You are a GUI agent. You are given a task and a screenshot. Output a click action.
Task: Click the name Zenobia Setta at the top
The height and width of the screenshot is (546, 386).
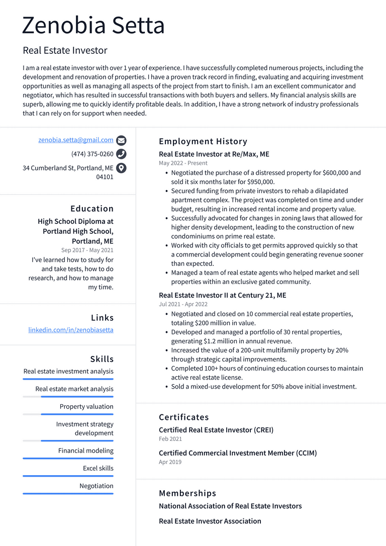point(93,25)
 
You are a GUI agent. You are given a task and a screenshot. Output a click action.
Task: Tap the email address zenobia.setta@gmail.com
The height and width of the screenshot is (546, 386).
point(76,140)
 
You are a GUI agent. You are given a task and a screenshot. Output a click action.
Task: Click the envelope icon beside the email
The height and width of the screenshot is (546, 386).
point(121,141)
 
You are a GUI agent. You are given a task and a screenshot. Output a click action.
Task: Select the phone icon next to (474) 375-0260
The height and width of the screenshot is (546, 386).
point(121,154)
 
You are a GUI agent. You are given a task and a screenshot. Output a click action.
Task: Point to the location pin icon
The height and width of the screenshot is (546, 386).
point(121,168)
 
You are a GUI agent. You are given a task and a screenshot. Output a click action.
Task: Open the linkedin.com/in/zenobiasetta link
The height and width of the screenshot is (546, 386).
point(71,330)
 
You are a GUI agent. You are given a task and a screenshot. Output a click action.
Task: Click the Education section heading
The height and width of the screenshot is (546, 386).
point(92,209)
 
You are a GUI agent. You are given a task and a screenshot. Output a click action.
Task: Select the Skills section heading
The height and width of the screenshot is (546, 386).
point(102,359)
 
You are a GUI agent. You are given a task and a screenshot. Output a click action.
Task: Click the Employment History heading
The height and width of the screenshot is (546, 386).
point(203,142)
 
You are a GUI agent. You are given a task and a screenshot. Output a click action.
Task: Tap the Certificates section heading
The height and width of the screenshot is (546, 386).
point(184,417)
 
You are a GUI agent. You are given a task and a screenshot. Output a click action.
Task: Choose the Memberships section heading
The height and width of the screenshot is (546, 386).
point(187,493)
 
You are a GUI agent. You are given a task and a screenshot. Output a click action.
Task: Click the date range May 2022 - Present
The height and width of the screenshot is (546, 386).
point(183,163)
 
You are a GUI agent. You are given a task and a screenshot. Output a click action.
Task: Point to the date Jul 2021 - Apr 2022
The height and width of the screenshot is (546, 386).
point(183,304)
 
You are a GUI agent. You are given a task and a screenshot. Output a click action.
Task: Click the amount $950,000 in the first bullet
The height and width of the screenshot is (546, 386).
point(255,182)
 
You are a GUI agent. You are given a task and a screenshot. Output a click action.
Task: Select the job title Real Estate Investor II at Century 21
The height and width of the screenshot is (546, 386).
point(223,296)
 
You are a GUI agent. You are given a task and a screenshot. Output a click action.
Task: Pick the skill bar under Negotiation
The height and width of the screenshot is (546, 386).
point(68,494)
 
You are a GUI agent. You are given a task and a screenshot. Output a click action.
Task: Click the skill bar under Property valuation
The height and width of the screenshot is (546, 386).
point(68,414)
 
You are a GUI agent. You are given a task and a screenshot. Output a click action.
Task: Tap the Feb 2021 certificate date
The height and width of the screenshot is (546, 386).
point(170,439)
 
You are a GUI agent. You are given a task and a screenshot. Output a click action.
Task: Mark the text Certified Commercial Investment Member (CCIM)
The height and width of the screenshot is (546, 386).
point(238,453)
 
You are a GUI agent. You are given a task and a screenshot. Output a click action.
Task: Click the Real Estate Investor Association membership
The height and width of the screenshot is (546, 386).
point(210,521)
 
